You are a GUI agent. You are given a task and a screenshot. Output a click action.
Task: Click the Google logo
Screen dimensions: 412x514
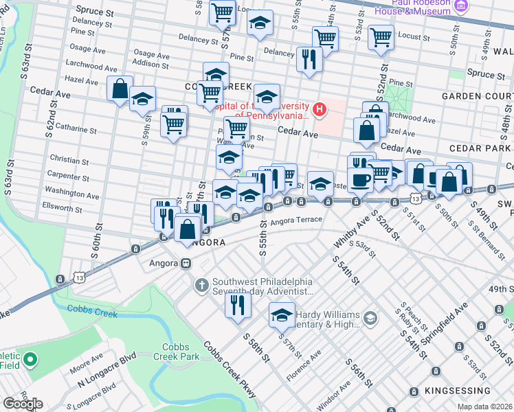[x=23, y=404]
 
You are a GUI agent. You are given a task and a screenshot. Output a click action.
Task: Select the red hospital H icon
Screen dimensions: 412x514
[x=319, y=109]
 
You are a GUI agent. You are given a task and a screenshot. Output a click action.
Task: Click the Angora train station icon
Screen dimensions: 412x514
[x=186, y=263]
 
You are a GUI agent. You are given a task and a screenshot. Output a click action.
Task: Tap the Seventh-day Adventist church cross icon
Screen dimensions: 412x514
[x=201, y=284]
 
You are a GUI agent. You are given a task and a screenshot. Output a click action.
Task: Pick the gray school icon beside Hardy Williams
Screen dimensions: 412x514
[x=370, y=317]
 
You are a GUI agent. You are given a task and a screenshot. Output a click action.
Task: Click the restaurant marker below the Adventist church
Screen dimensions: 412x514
[x=238, y=304]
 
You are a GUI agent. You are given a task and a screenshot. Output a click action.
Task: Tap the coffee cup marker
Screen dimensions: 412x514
[x=361, y=180]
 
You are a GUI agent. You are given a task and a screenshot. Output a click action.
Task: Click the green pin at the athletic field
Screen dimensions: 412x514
[x=30, y=359]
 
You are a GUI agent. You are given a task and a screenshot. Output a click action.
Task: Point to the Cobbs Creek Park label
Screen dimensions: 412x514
[x=180, y=352]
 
